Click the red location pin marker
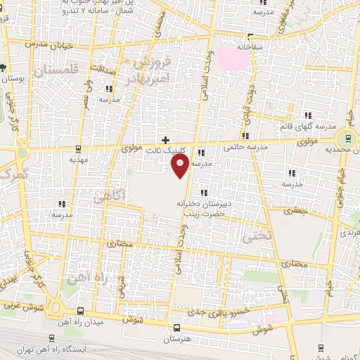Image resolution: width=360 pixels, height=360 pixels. tap(181, 166)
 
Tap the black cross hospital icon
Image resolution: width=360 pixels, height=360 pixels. tap(166, 141)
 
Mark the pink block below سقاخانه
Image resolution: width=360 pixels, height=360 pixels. tap(236, 57)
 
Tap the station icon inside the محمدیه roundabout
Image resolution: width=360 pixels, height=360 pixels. tap(345, 139)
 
